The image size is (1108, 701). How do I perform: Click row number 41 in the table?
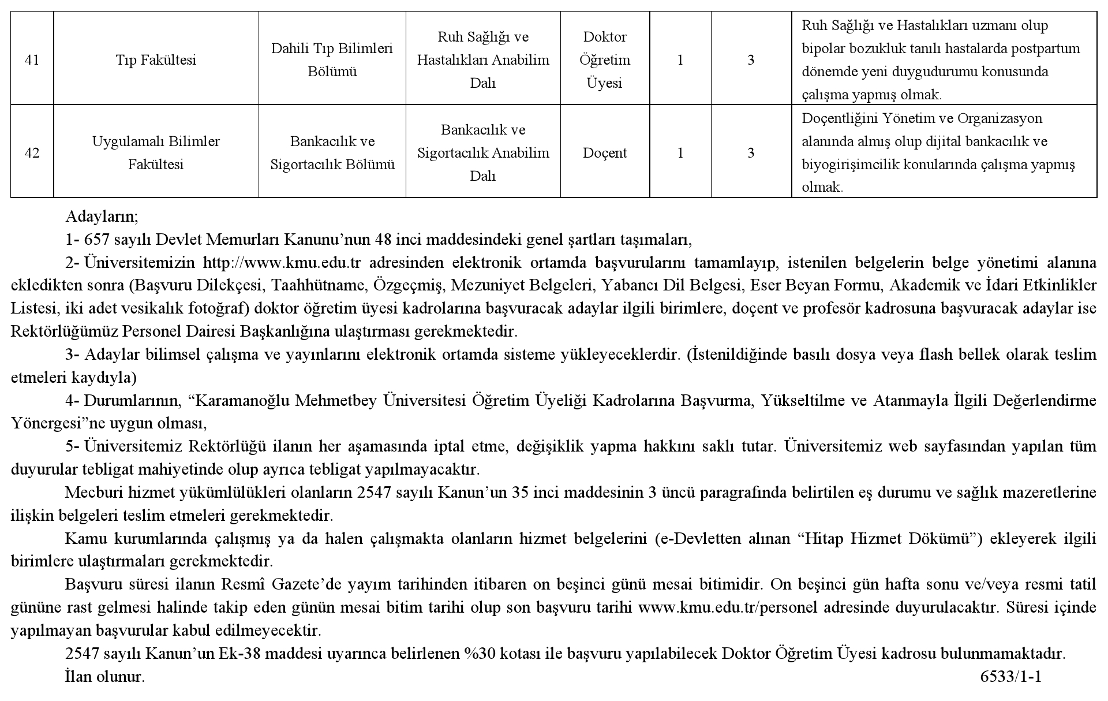tap(32, 60)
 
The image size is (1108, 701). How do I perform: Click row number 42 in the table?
tap(32, 153)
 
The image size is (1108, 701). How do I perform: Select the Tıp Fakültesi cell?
tap(156, 60)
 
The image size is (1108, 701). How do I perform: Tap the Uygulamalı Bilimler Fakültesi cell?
tap(156, 153)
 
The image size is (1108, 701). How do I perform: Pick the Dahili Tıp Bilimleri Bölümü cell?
tap(332, 60)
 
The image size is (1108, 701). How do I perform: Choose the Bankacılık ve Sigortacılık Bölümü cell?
tap(332, 153)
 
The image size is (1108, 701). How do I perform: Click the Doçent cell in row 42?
tap(604, 153)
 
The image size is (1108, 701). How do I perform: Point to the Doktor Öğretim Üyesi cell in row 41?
tap(604, 60)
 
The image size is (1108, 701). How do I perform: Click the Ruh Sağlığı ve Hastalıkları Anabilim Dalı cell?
tap(483, 60)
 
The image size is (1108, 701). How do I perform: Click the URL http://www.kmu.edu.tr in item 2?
tap(282, 263)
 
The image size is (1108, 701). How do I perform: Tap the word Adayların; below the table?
tap(102, 217)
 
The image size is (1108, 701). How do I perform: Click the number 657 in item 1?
tap(96, 240)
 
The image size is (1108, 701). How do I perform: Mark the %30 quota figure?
tap(477, 654)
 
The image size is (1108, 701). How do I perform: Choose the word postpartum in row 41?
tap(1045, 49)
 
